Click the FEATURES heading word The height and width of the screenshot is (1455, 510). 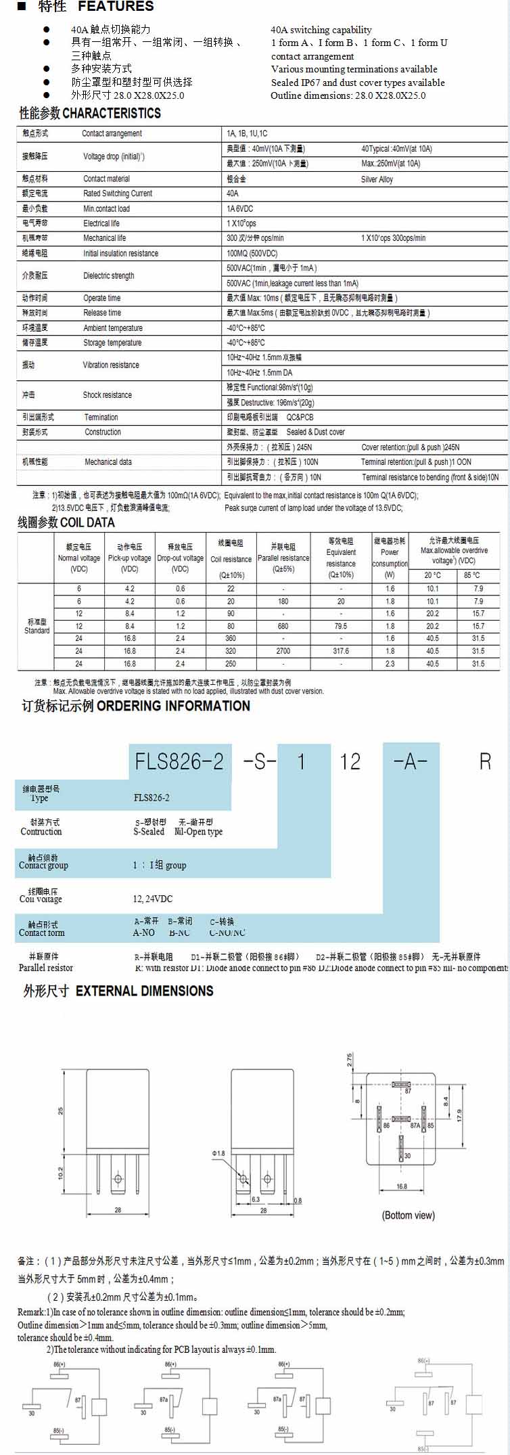coord(116,7)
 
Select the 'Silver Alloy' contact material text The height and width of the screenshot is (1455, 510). coord(377,179)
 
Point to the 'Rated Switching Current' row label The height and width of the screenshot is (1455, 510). coord(118,194)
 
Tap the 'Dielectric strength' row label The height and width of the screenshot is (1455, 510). coord(108,275)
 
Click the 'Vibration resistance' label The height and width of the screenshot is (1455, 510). coord(111,365)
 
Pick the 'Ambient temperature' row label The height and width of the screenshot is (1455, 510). coord(113,328)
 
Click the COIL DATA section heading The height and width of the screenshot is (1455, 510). coord(87,522)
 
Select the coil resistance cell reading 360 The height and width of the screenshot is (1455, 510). coord(231,638)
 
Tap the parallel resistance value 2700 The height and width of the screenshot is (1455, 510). coord(283,651)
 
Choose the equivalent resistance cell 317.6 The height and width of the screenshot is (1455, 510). coord(341,651)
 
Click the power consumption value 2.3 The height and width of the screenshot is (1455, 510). coord(390,664)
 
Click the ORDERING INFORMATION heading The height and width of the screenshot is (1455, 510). coord(173,706)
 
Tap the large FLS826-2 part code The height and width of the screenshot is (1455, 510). coord(179,762)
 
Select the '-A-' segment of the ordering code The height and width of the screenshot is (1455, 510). coord(411,762)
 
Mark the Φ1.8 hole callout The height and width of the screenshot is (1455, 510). coord(218,1153)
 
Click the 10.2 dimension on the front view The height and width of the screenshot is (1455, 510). coord(61,1173)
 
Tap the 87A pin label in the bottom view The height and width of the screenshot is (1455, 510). coord(415,1125)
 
